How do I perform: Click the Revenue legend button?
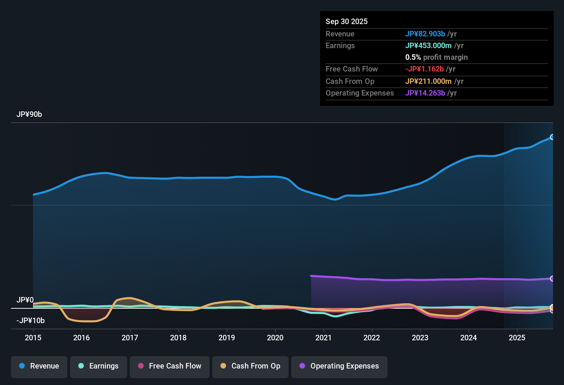pos(39,366)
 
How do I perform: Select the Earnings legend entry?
pos(99,366)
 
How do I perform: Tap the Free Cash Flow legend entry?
pos(170,366)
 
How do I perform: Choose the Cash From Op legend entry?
pos(250,366)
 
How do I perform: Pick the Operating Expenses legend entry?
pos(339,366)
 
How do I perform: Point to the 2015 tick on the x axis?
pos(33,338)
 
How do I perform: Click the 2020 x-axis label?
pos(275,338)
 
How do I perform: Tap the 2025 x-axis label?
pos(517,338)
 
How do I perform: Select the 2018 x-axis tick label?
pos(178,338)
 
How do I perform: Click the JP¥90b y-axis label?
pos(29,114)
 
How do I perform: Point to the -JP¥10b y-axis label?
pos(31,321)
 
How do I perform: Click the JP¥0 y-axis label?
pos(25,300)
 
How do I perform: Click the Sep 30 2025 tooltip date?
pos(347,21)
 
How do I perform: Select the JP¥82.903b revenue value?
pos(425,34)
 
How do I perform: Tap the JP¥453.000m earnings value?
pos(428,45)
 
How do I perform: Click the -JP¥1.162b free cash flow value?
pos(424,69)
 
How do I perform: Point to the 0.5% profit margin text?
pos(436,57)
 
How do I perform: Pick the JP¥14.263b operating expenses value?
pos(425,93)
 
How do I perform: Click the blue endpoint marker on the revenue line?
pos(552,137)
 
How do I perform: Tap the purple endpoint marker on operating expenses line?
pos(552,278)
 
